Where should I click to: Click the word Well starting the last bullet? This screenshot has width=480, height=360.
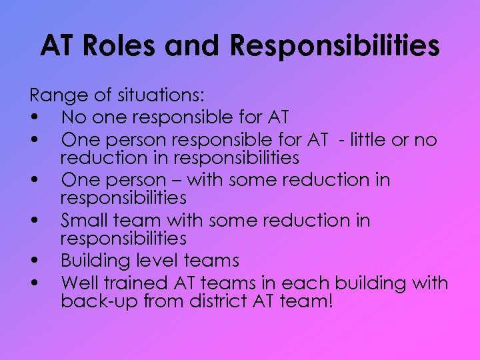78,283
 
